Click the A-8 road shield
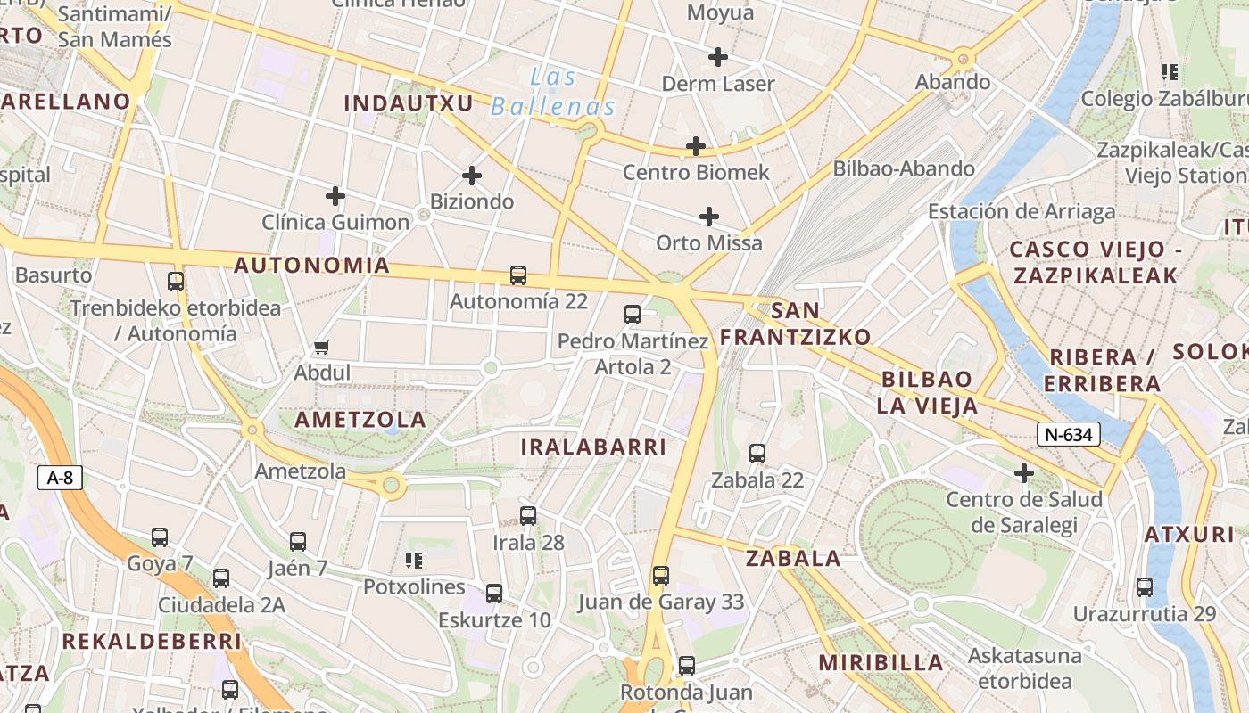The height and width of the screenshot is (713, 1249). point(60,478)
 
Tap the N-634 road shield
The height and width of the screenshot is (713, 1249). point(1068,434)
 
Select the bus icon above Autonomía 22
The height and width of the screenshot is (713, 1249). point(518,275)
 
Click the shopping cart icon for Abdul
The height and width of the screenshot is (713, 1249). point(322,347)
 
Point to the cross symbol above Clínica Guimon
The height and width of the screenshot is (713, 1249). point(335,195)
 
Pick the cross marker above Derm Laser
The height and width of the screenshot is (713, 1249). point(718,57)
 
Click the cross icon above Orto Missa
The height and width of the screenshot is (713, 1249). point(709,217)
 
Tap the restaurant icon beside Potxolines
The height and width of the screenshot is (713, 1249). point(414,561)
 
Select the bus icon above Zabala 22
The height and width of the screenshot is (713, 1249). point(757,454)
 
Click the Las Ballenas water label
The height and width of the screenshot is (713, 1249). point(553,92)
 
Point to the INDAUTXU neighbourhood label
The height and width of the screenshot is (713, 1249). point(409,103)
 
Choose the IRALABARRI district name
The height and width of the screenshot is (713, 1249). point(593,447)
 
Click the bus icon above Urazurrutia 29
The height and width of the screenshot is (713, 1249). point(1145,587)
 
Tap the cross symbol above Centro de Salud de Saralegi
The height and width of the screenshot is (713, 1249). point(1024,472)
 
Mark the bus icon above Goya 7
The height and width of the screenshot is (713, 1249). point(160,537)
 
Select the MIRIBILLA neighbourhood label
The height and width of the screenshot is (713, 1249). point(881,662)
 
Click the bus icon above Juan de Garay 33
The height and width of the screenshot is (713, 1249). point(661,576)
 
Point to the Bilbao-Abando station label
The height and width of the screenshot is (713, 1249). point(904,168)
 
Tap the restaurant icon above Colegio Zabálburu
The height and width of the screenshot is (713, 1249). point(1170,72)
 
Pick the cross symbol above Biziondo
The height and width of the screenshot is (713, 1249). point(472,176)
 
